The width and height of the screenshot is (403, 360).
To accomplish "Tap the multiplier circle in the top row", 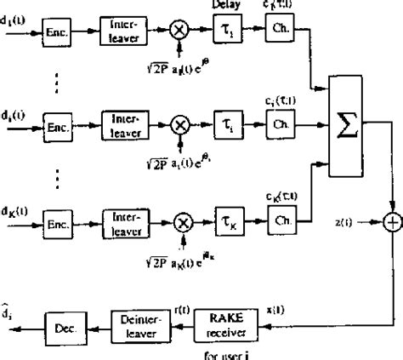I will [179, 33].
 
